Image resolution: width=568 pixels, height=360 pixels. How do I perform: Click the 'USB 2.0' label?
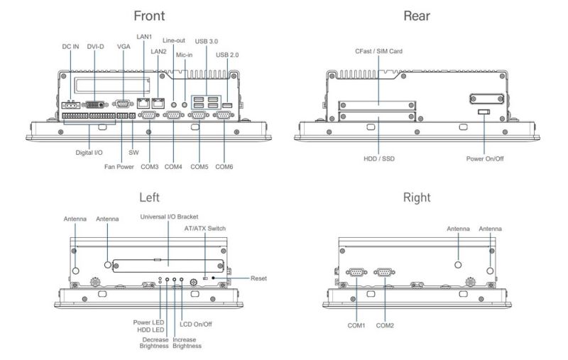coord(228,55)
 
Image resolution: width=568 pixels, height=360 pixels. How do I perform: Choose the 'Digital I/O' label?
coord(90,151)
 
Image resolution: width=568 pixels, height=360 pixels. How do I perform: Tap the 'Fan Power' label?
coord(109,168)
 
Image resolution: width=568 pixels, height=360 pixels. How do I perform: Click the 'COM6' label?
coord(224,168)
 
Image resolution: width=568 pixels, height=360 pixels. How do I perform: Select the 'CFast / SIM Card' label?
coord(378,51)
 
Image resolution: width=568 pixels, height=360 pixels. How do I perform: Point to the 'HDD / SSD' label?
coord(378,158)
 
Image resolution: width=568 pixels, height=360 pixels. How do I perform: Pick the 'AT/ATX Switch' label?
coord(205,229)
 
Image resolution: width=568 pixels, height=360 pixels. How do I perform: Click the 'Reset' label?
coord(258,278)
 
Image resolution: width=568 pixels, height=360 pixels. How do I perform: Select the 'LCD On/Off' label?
coord(196,324)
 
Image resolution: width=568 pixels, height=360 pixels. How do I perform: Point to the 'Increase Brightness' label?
coord(187,343)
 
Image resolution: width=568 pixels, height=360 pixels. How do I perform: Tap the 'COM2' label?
coord(386,325)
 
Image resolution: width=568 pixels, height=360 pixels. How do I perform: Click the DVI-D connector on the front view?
coord(94,104)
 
